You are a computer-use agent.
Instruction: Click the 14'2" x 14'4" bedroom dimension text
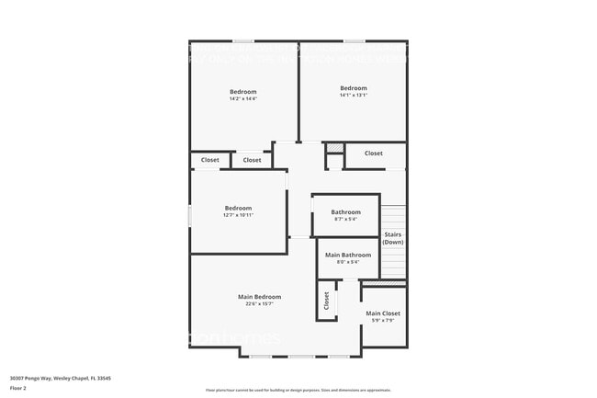coord(242,99)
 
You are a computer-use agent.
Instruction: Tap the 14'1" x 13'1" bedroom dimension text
coord(353,96)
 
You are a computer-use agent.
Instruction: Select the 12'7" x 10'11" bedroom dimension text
coord(238,215)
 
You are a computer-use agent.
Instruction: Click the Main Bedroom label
coord(259,297)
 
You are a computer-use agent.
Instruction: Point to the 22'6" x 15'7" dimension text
coord(259,304)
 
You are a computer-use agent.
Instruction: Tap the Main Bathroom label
coord(348,255)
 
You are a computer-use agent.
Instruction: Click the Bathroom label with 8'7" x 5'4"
coord(345,211)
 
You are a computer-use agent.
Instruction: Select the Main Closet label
coord(383,313)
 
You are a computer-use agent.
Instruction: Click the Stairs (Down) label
coord(393,238)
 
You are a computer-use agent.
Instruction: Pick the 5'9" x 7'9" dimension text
coord(383,321)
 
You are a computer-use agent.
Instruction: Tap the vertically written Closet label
coord(326,301)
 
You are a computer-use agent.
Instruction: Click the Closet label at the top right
coord(373,154)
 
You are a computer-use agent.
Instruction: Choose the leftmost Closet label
coord(209,160)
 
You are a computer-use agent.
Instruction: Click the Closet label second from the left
coord(252,160)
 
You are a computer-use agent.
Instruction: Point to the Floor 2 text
coord(18,387)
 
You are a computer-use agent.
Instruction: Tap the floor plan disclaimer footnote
coord(298,390)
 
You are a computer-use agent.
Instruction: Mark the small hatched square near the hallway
coord(335,148)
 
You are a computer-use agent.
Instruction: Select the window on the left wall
coord(189,215)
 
